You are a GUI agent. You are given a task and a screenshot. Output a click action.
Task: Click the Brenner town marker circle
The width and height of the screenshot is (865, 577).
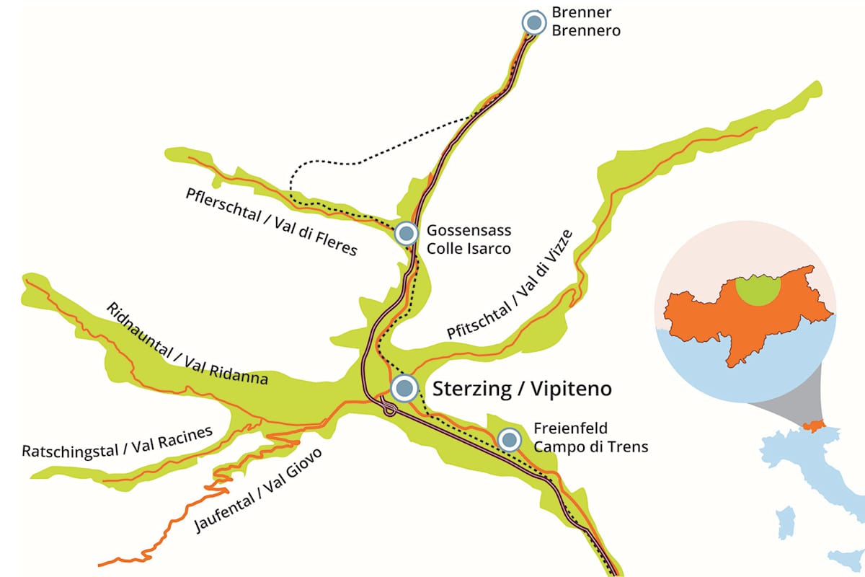point(533,22)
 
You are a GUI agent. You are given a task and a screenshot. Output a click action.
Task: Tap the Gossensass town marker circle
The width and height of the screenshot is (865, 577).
point(407,233)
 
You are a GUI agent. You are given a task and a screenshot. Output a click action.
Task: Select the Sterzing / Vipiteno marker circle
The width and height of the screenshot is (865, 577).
point(404,388)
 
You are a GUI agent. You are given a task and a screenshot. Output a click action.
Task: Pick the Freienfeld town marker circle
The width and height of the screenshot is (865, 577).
point(510,439)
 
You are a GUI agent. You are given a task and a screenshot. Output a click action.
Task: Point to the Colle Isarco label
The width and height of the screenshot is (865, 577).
point(469,249)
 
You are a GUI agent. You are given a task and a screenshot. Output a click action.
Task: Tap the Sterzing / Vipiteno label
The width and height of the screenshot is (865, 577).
point(522,389)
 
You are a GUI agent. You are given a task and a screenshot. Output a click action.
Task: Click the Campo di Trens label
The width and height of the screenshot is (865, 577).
point(591,446)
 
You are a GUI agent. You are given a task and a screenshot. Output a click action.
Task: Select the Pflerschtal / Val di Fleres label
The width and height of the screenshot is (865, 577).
point(271,221)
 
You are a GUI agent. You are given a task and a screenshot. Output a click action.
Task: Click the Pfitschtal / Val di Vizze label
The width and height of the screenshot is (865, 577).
point(509,283)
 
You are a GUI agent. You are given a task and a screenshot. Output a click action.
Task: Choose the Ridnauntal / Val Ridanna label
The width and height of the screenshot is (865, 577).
point(187,343)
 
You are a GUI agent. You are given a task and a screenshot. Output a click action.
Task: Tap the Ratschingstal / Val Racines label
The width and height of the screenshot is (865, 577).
point(117,442)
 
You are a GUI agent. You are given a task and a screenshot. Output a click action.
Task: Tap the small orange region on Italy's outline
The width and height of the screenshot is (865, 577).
point(813,427)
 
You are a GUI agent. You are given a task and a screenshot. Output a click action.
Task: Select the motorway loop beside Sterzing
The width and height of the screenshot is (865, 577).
point(389,410)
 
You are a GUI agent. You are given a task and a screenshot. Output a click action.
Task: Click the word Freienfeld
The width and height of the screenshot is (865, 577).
point(571,429)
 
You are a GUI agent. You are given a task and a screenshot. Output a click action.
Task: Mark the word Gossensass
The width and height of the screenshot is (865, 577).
point(469,232)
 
